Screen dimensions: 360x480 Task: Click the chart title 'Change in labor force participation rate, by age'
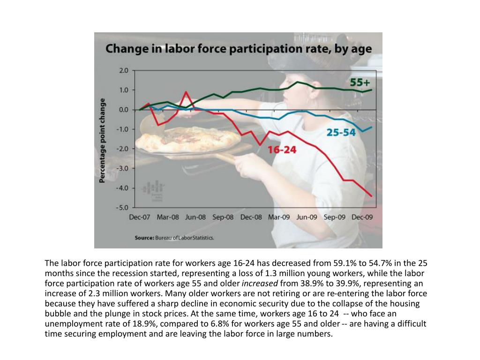(x=238, y=49)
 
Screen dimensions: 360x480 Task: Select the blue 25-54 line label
(x=341, y=133)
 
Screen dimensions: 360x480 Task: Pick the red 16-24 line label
(x=282, y=150)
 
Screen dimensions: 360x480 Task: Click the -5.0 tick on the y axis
(x=123, y=207)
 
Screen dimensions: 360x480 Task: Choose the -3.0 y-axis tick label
(x=123, y=168)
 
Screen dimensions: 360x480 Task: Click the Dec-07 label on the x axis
(x=140, y=217)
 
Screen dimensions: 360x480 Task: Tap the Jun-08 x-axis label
(x=195, y=217)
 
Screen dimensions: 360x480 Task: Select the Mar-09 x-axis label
(x=279, y=217)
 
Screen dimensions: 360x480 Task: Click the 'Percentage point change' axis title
(x=102, y=139)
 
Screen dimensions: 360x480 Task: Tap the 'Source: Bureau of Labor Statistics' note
(x=174, y=238)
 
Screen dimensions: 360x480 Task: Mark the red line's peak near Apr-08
(x=186, y=92)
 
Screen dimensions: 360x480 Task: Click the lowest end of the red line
(x=372, y=196)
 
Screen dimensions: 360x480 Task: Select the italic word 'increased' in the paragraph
(x=259, y=283)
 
